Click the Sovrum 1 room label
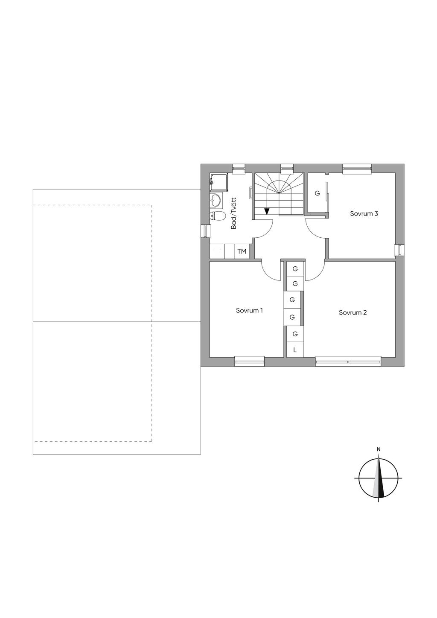click(249, 310)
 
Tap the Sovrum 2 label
click(353, 312)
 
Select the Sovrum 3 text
click(364, 213)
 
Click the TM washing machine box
click(242, 251)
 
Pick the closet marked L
click(295, 350)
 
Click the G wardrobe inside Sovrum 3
click(317, 193)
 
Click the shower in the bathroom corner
click(219, 182)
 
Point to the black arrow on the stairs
click(266, 211)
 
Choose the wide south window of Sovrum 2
click(348, 361)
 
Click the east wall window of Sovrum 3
click(400, 250)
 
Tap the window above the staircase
click(287, 168)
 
